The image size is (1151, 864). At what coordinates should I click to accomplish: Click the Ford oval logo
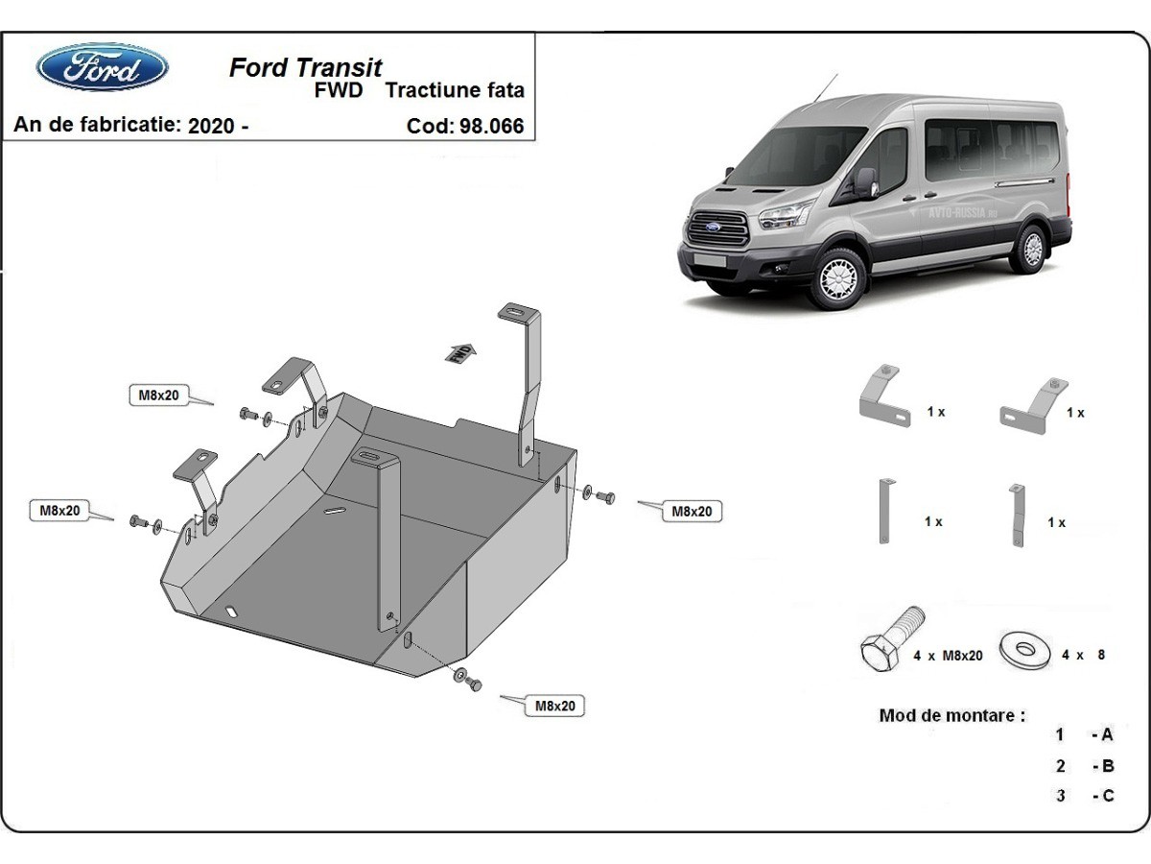tap(102, 67)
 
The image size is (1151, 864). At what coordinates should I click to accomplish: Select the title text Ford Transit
tap(305, 67)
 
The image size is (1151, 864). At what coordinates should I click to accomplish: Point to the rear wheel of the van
tap(1032, 249)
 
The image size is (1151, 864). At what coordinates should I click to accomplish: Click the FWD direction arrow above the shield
tap(461, 352)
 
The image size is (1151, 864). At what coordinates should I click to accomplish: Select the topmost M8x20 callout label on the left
tap(159, 395)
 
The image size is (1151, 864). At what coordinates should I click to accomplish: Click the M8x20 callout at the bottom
tap(554, 706)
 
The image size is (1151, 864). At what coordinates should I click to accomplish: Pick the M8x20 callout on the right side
tap(691, 512)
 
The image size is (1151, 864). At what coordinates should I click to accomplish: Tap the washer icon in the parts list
tap(1023, 649)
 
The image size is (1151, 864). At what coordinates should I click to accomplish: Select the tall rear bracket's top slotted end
tap(515, 314)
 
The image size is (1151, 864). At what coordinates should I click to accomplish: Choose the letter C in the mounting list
tap(1108, 795)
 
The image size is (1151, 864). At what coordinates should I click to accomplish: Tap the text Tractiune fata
tap(455, 91)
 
